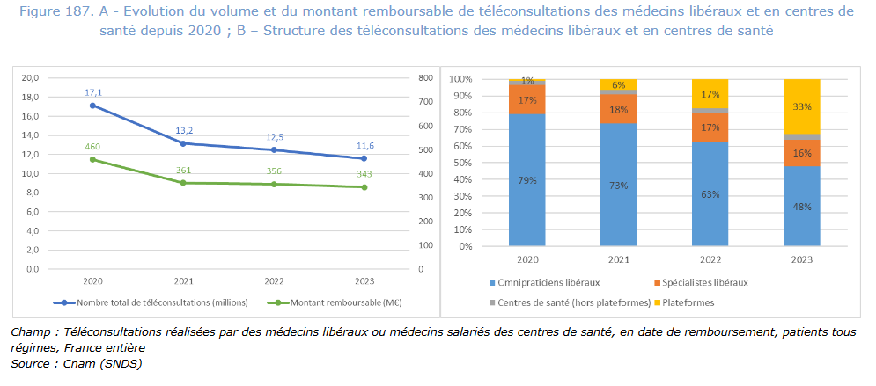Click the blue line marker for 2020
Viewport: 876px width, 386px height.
[92, 106]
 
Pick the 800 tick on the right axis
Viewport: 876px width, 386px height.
[425, 78]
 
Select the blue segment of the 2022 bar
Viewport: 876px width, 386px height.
[710, 193]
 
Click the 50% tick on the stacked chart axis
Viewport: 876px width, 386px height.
[462, 163]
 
